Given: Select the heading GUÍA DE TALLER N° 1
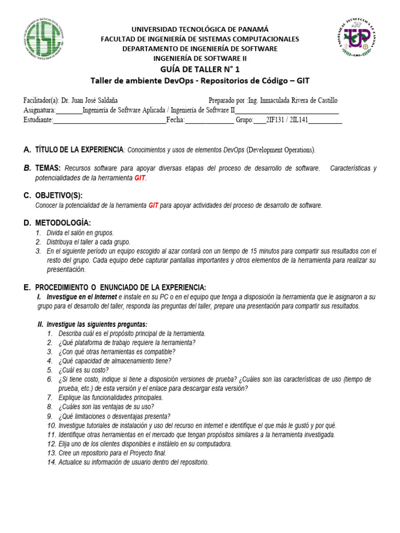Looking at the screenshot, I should (200, 69).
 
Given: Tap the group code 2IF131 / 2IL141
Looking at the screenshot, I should (287, 120).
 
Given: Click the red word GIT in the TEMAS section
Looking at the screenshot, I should (140, 178).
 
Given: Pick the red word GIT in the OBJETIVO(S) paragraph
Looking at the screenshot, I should (153, 206).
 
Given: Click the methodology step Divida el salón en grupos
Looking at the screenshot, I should (80, 233).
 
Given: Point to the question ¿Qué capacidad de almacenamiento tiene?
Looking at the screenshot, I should (115, 361).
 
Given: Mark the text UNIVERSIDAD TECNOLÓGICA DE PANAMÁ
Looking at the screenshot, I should (200, 29).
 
